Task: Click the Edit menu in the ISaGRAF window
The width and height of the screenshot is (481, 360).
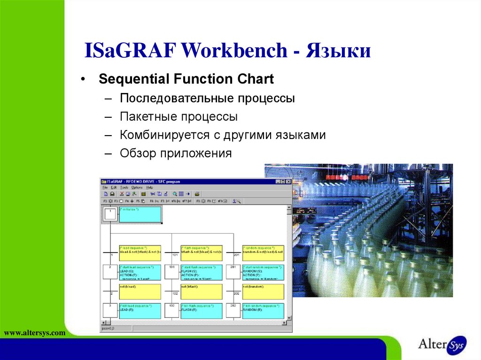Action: tap(114, 187)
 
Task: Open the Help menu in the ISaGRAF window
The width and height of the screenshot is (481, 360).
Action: tap(149, 187)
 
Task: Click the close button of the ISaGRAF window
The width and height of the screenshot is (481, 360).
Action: tap(288, 182)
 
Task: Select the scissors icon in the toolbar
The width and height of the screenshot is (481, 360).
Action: tap(152, 193)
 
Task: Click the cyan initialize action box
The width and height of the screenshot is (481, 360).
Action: tap(140, 215)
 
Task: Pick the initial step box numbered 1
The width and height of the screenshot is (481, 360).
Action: tap(110, 214)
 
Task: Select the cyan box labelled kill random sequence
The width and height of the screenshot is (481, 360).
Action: tap(263, 311)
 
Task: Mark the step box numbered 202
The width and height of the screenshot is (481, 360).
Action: tap(233, 311)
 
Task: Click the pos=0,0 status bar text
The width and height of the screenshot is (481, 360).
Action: tap(108, 329)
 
